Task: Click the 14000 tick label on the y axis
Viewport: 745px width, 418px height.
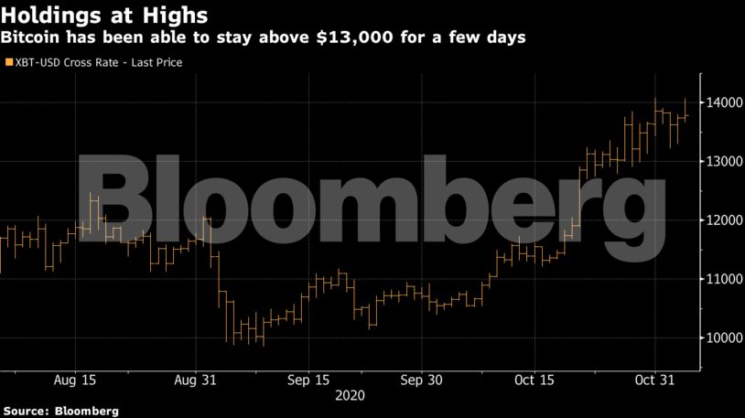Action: pos(722,102)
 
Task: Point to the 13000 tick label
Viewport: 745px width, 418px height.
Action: pos(722,161)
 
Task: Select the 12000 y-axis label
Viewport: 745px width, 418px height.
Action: pos(722,220)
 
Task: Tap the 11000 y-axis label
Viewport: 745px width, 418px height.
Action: pos(722,279)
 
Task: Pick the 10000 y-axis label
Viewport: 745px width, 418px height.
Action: pos(722,338)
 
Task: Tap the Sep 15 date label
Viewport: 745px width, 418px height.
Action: pos(308,379)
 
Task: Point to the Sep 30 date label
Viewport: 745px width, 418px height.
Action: pos(423,379)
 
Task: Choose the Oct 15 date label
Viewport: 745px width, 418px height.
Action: pos(534,379)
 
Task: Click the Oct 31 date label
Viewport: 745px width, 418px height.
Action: pos(655,379)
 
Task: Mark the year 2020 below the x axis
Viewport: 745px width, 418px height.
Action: pos(351,395)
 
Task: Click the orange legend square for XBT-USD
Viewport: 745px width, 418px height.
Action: pos(8,62)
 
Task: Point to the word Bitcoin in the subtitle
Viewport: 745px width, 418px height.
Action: pos(35,38)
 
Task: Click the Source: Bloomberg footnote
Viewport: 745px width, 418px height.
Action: pos(60,411)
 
